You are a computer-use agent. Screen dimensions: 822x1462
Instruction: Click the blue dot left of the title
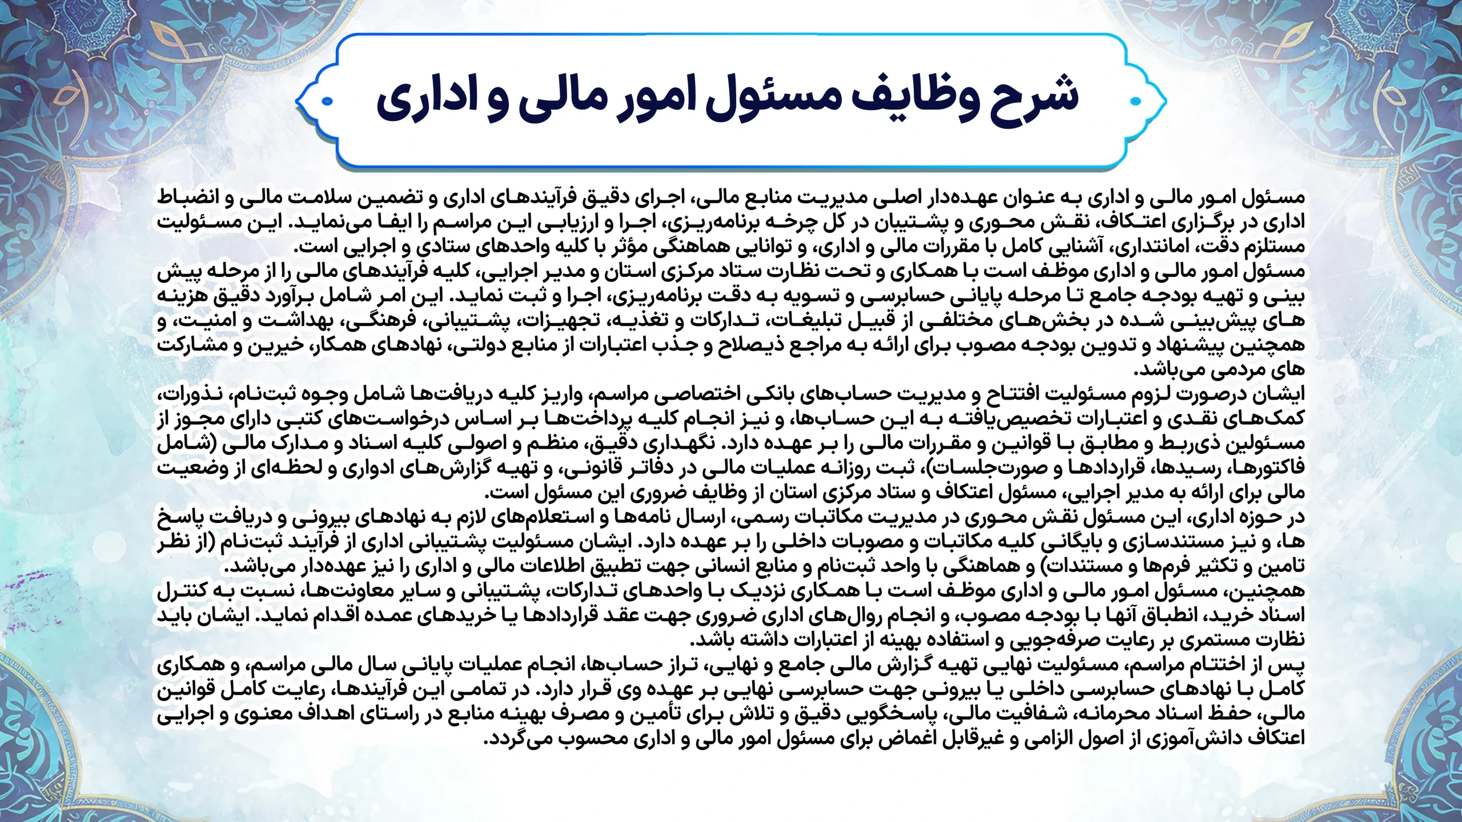(x=327, y=103)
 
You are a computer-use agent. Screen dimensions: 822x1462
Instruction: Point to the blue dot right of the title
(x=1135, y=102)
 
